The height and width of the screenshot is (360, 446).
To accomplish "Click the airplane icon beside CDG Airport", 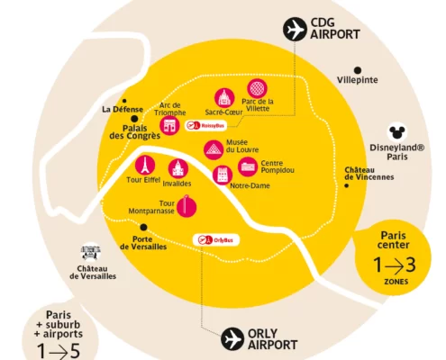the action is click(295, 29).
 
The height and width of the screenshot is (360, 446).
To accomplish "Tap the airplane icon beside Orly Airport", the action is click(232, 339).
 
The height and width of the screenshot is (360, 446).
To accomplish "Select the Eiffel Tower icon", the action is click(145, 166).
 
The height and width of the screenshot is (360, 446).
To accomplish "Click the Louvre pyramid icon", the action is click(214, 149).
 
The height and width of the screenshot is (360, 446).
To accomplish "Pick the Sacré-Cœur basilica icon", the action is click(224, 98).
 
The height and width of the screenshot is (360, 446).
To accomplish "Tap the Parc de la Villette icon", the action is click(257, 88).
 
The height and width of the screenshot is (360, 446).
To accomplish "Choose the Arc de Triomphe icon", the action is click(169, 125).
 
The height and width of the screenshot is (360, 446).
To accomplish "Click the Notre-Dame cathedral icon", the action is click(223, 175).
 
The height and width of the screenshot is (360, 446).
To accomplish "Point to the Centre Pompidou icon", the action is click(248, 166).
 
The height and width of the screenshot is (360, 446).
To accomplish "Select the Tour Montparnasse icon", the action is click(187, 207).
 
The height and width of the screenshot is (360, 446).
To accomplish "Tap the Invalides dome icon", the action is click(178, 169).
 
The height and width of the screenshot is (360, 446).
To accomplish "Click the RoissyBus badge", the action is click(205, 125).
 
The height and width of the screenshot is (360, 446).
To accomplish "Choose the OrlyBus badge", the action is click(216, 240).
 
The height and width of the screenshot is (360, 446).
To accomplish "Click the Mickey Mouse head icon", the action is click(397, 132).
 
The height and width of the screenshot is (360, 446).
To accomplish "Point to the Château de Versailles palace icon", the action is click(90, 252).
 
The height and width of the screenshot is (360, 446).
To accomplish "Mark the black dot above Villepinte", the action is click(358, 70).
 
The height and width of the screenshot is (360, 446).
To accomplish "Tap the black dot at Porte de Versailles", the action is click(144, 228).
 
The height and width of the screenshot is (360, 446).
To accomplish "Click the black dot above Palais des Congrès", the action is click(134, 119).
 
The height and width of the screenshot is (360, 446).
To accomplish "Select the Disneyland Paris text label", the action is click(397, 152).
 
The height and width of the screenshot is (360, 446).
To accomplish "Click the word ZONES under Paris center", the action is click(396, 282).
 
